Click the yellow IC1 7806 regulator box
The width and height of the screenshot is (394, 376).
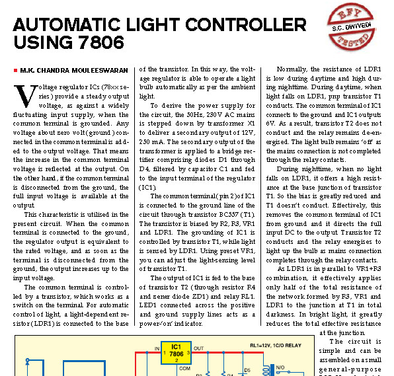pyautogui.click(x=176, y=353)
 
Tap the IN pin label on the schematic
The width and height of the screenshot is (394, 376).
pyautogui.click(x=157, y=349)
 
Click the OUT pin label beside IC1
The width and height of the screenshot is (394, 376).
pyautogui.click(x=198, y=348)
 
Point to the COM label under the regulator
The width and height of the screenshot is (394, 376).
pyautogui.click(x=184, y=369)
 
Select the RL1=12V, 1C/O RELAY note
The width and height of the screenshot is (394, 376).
pyautogui.click(x=276, y=346)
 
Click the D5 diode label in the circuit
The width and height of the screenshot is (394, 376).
pyautogui.click(x=247, y=370)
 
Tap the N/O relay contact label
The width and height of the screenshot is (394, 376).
pyautogui.click(x=280, y=367)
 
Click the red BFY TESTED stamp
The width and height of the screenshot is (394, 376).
pyautogui.click(x=352, y=26)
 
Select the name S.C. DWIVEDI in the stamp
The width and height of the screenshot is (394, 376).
pyautogui.click(x=351, y=27)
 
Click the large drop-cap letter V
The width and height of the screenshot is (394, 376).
pyautogui.click(x=26, y=96)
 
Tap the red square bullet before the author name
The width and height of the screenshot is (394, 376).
pyautogui.click(x=16, y=70)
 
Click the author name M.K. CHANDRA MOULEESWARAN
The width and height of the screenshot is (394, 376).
pyautogui.click(x=74, y=70)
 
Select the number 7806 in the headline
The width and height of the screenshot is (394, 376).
pyautogui.click(x=100, y=42)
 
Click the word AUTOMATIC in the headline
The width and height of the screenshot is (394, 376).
pyautogui.click(x=67, y=24)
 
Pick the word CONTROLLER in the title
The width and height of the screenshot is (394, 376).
pyautogui.click(x=246, y=24)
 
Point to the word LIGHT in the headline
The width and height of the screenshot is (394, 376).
pyautogui.click(x=153, y=24)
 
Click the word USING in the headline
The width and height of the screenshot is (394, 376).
pyautogui.click(x=43, y=42)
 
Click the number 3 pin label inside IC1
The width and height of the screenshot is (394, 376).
pyautogui.click(x=188, y=353)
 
